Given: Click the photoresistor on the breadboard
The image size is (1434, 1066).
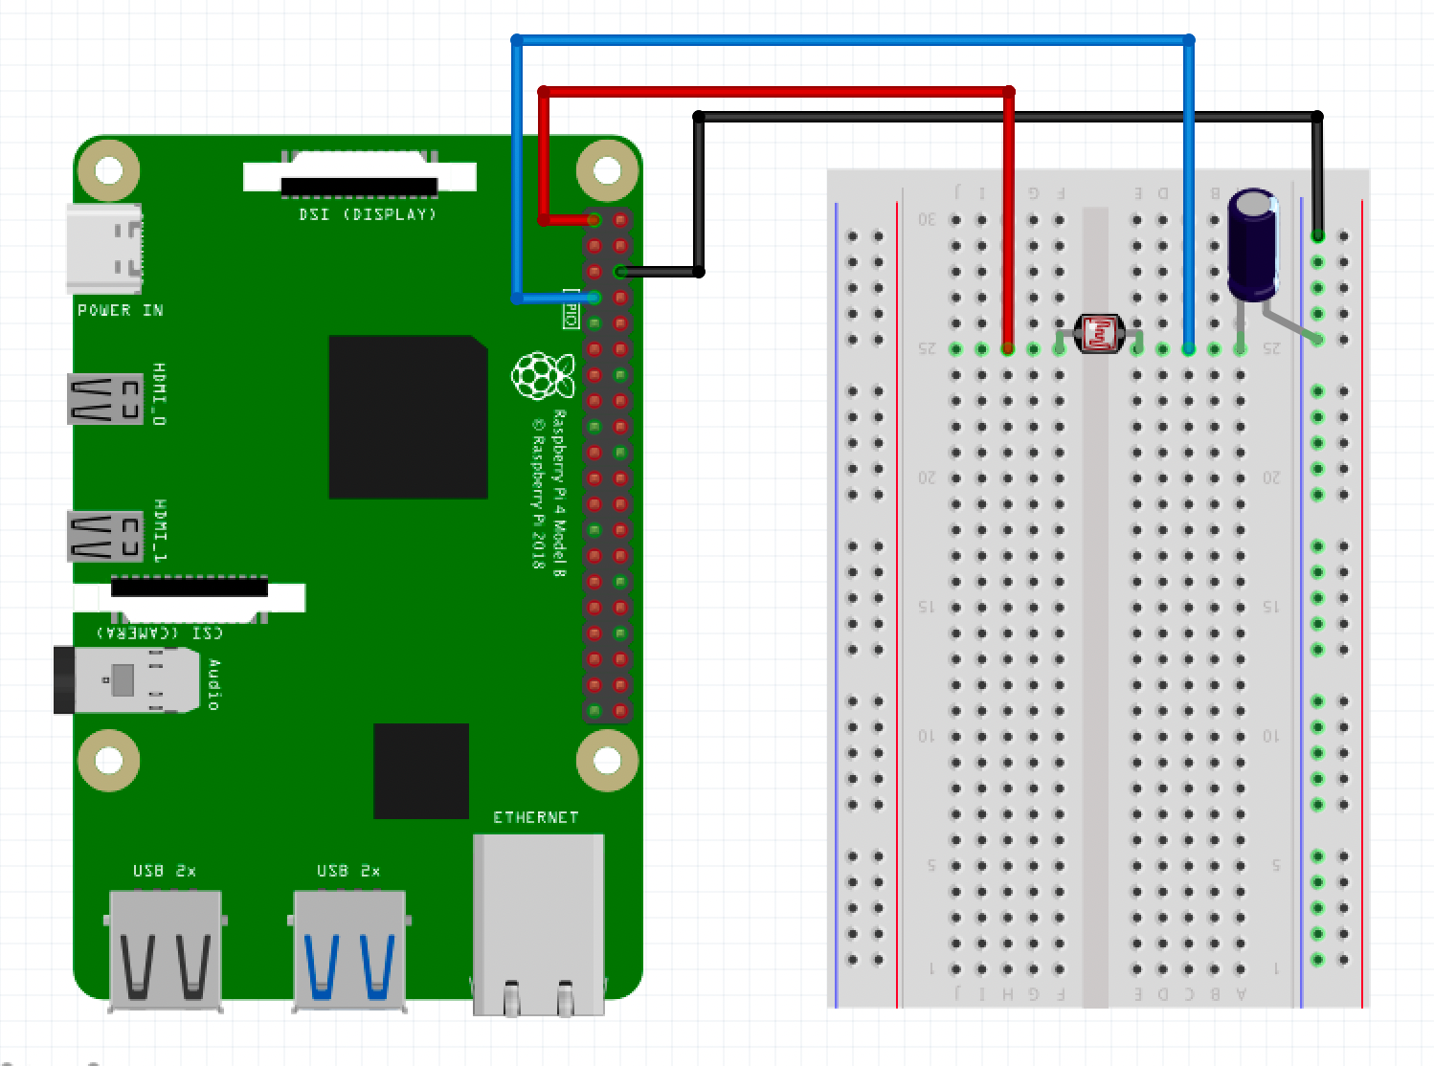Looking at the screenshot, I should tap(1098, 334).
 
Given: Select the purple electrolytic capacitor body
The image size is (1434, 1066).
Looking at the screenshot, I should tap(1252, 244).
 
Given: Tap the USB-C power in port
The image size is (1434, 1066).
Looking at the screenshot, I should tap(103, 248).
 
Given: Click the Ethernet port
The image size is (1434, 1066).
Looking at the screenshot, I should tap(538, 923).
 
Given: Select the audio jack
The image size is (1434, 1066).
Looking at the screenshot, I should tap(124, 680).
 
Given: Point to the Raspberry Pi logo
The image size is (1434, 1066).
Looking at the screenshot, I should tap(543, 375).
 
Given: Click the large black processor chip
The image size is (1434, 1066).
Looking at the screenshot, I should tap(408, 417).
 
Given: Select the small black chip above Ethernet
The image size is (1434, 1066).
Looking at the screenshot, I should tap(420, 771).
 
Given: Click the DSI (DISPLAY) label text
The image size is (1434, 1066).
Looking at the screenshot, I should tap(368, 214).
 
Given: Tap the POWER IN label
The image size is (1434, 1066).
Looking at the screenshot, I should tap(120, 310).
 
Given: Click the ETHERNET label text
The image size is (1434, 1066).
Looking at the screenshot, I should tap(535, 817).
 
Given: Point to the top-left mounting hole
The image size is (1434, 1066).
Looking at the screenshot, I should tap(109, 170).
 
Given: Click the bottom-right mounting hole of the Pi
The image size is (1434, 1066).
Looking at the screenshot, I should tap(607, 761).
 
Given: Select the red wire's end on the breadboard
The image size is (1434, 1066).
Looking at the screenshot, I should tap(1008, 349).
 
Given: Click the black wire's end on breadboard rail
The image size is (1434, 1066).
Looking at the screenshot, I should tap(1317, 235).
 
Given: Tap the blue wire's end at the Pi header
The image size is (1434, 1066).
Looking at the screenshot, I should tap(594, 298).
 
